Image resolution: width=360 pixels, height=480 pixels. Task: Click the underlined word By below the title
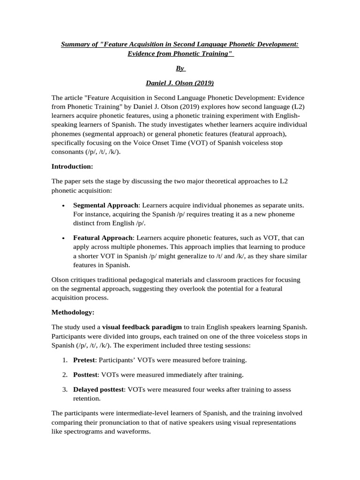[180, 68]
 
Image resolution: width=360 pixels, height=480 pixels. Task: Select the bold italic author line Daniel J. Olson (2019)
[180, 83]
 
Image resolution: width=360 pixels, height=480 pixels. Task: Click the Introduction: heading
[72, 166]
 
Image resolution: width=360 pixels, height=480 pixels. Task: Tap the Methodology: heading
[73, 312]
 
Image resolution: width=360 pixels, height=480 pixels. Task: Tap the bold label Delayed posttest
[98, 390]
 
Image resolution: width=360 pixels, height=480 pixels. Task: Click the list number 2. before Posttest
[65, 375]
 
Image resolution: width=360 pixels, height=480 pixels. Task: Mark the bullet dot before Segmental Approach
[63, 206]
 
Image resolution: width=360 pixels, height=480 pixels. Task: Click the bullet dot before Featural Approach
[63, 239]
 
